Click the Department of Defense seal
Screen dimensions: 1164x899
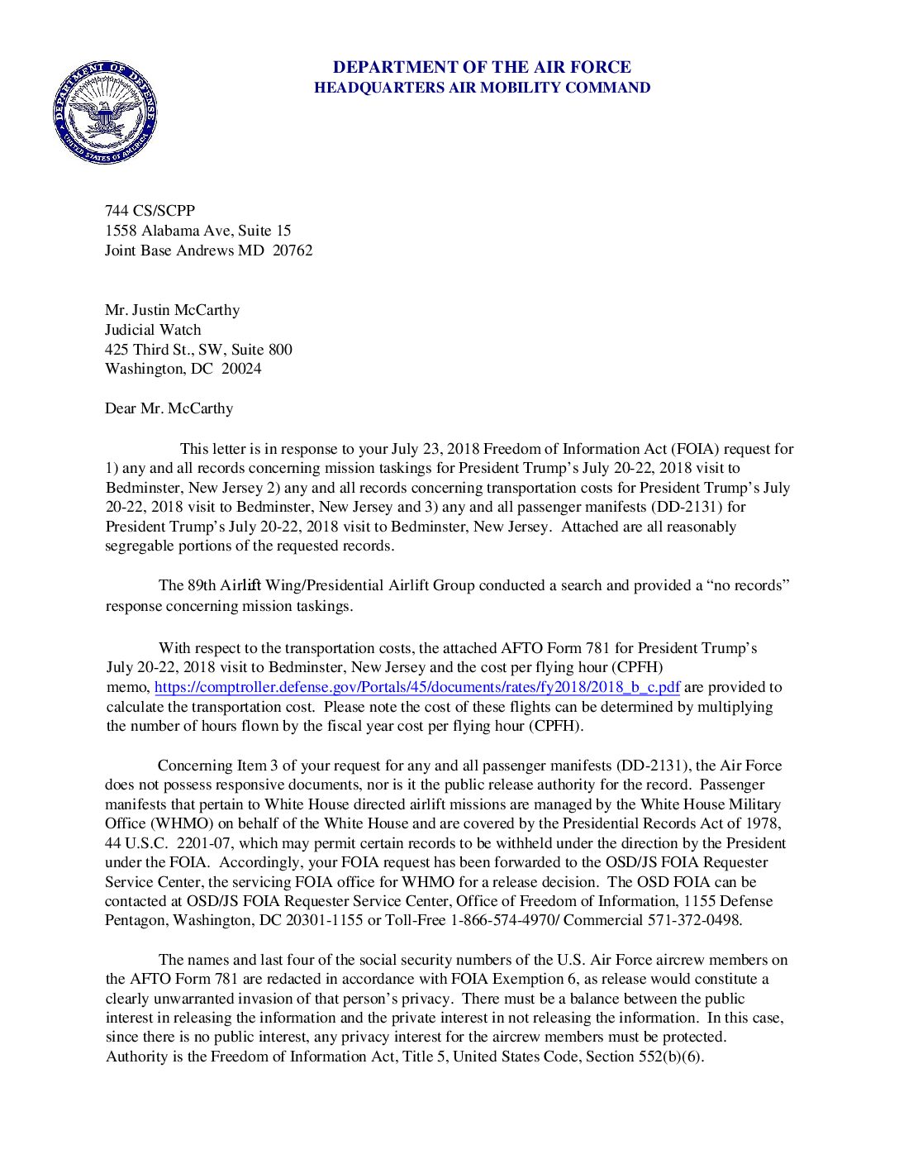105,112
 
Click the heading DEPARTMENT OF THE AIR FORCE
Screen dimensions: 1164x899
482,67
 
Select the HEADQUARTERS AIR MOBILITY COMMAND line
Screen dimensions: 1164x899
482,88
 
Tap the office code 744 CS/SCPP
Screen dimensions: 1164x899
150,211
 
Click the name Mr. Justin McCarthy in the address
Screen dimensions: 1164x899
172,310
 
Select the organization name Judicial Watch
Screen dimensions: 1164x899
153,329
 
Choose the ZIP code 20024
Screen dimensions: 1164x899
241,369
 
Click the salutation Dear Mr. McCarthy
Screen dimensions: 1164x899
169,408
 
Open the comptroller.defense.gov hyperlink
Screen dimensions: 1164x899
417,687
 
